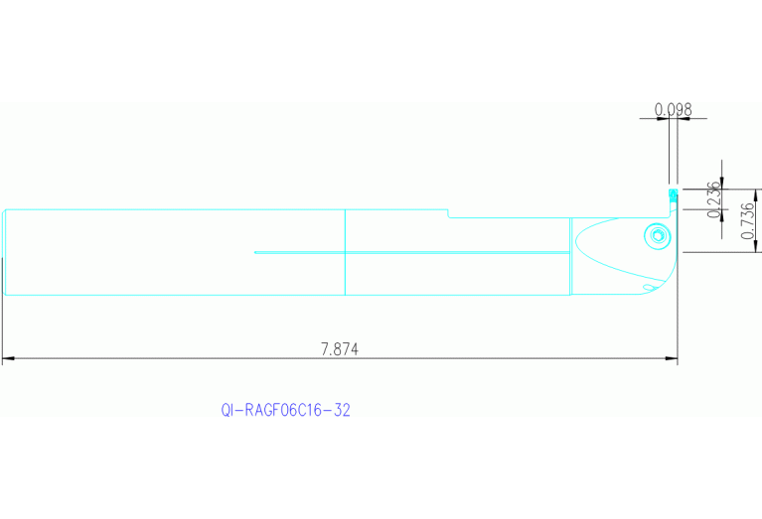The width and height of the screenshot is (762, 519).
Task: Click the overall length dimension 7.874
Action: [x=339, y=348]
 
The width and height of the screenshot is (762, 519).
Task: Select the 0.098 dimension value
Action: [x=673, y=109]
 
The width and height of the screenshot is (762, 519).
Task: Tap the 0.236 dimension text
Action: [x=712, y=199]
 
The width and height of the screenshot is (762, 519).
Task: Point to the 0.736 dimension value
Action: [x=748, y=219]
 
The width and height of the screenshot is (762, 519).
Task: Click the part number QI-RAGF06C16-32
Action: [x=286, y=410]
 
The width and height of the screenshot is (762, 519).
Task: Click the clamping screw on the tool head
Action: [x=655, y=236]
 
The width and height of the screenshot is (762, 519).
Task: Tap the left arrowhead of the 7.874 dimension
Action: [x=7, y=358]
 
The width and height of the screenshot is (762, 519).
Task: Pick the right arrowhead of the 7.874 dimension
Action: [x=674, y=358]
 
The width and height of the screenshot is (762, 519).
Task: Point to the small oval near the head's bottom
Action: [x=648, y=288]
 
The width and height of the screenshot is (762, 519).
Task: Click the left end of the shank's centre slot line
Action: [x=255, y=252]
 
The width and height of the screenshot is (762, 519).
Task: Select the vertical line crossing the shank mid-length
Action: [x=344, y=252]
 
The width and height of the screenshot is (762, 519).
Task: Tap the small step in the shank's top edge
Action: [x=447, y=212]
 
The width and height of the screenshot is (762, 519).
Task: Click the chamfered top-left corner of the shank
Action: [x=5, y=210]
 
